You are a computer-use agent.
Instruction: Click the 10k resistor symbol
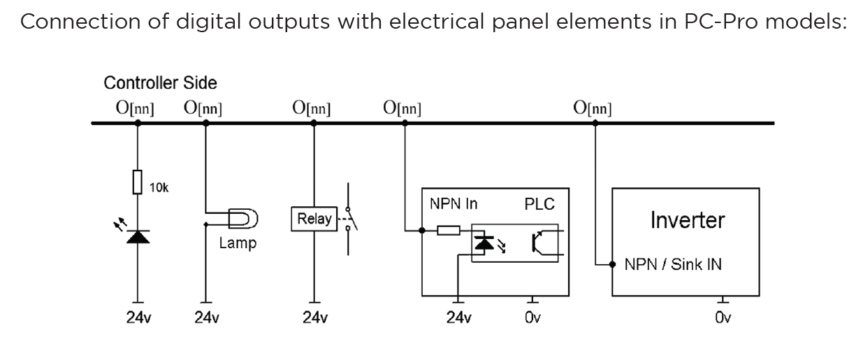point(137,182)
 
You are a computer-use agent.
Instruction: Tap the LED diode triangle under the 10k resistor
point(137,236)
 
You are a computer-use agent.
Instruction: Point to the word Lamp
point(238,244)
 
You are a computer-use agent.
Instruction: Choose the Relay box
point(314,219)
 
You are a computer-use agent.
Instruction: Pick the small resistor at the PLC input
point(449,229)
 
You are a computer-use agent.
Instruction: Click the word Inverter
point(687,220)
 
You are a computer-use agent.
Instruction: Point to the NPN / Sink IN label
point(673,265)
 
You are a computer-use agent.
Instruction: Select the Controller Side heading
point(160,83)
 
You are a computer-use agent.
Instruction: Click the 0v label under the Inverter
point(723,318)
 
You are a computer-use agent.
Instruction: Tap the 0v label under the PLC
point(532,318)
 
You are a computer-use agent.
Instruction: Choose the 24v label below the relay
point(314,318)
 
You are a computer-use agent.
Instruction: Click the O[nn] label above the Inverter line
point(592,108)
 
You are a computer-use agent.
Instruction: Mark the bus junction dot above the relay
point(314,123)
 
